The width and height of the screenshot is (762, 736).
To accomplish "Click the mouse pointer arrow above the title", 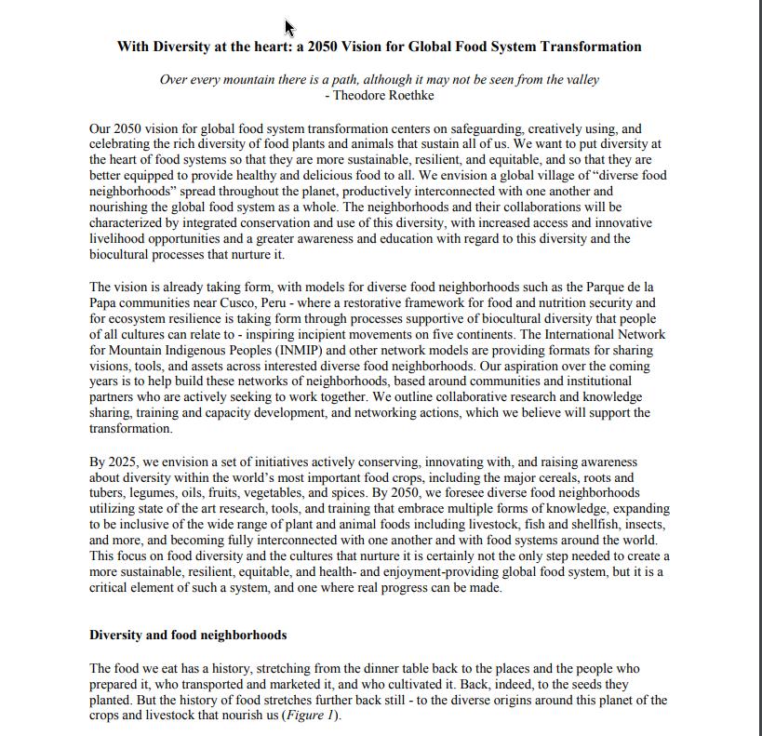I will [289, 27].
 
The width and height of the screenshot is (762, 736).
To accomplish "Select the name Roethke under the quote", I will [409, 95].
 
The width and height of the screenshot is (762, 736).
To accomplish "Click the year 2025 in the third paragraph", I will [122, 462].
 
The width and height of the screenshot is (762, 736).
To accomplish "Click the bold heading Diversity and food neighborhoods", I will [188, 635].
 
